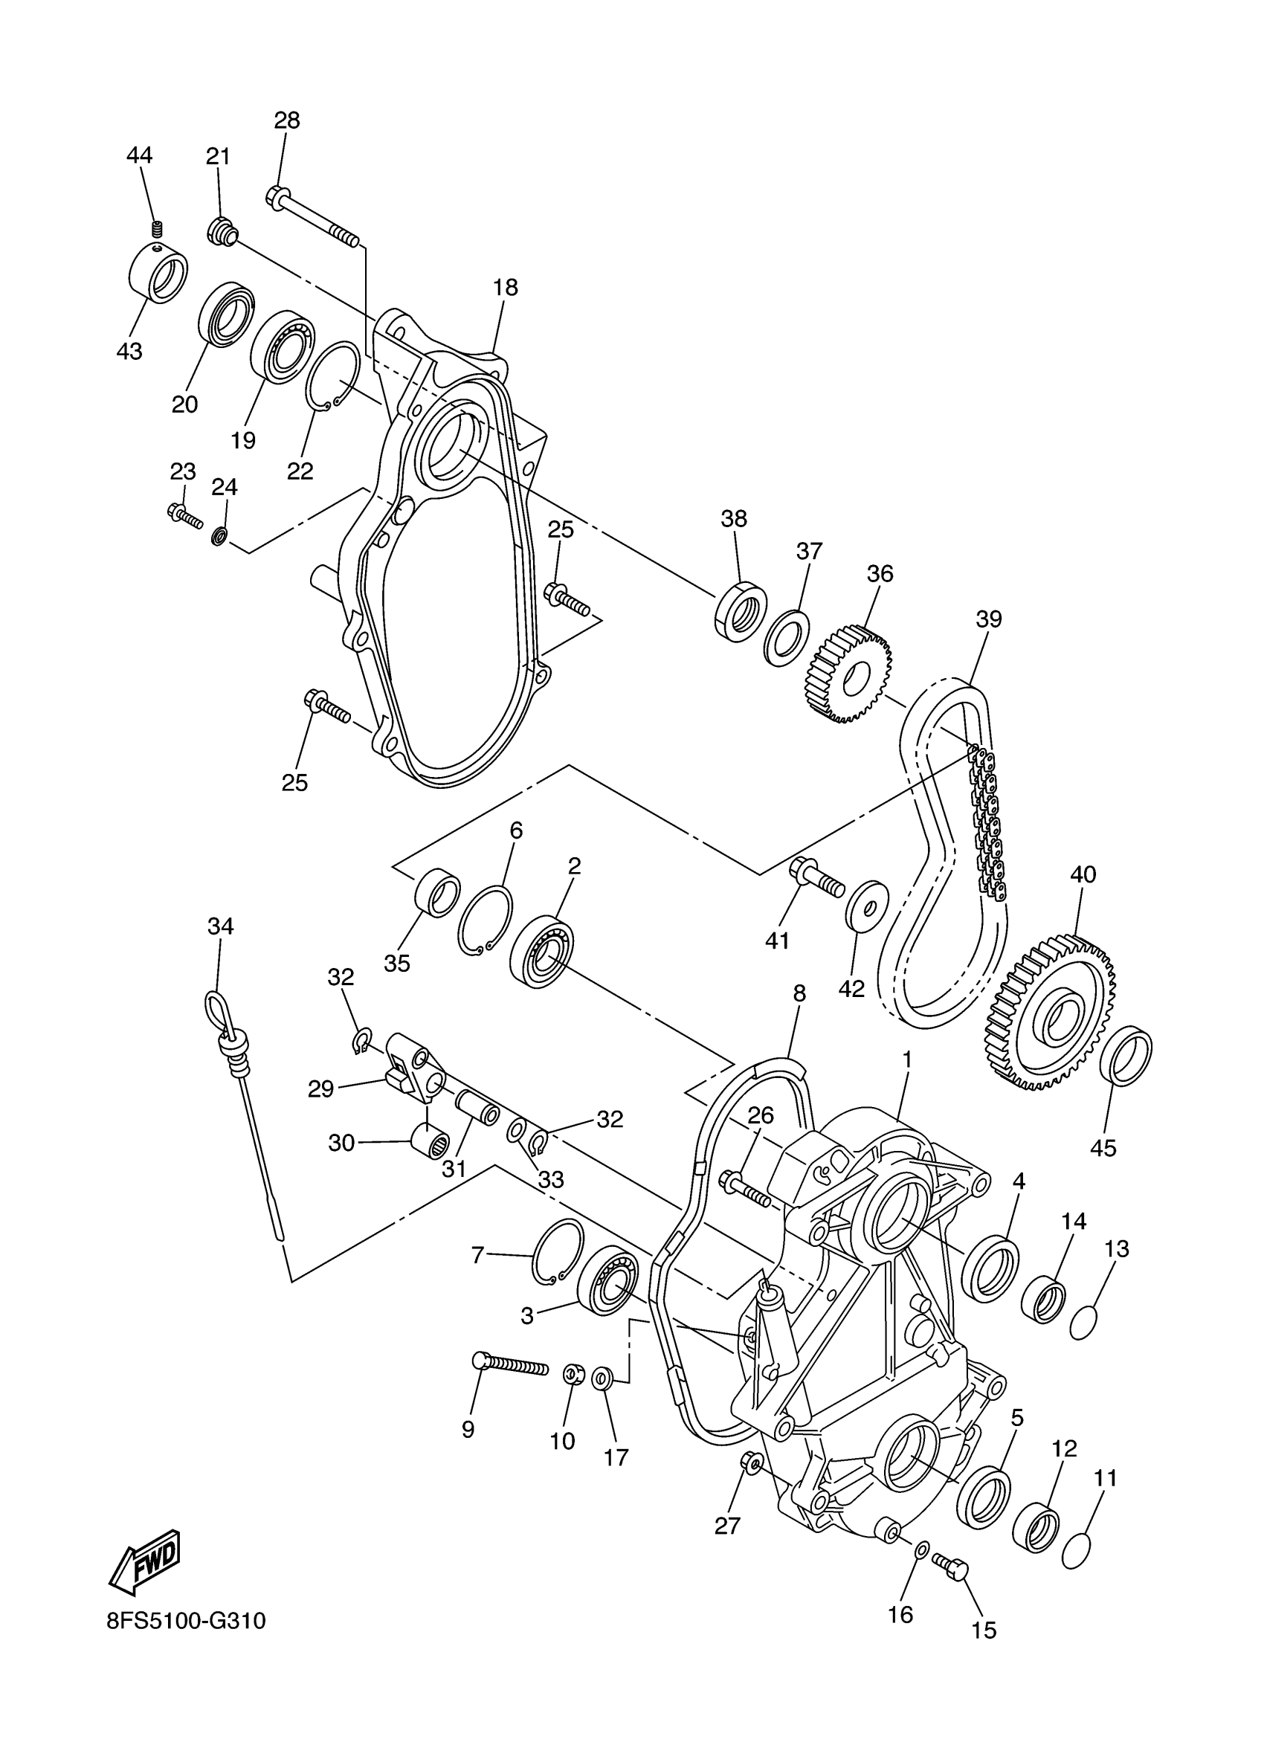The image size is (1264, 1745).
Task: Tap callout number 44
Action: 139,155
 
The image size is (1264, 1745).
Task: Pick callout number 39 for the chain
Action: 989,619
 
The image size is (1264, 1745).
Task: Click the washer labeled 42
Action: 867,906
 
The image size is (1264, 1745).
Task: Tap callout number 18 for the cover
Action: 506,288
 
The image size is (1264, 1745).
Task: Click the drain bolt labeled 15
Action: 952,1565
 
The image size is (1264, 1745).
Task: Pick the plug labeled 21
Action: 222,230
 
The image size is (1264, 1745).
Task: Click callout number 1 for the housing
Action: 906,1060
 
